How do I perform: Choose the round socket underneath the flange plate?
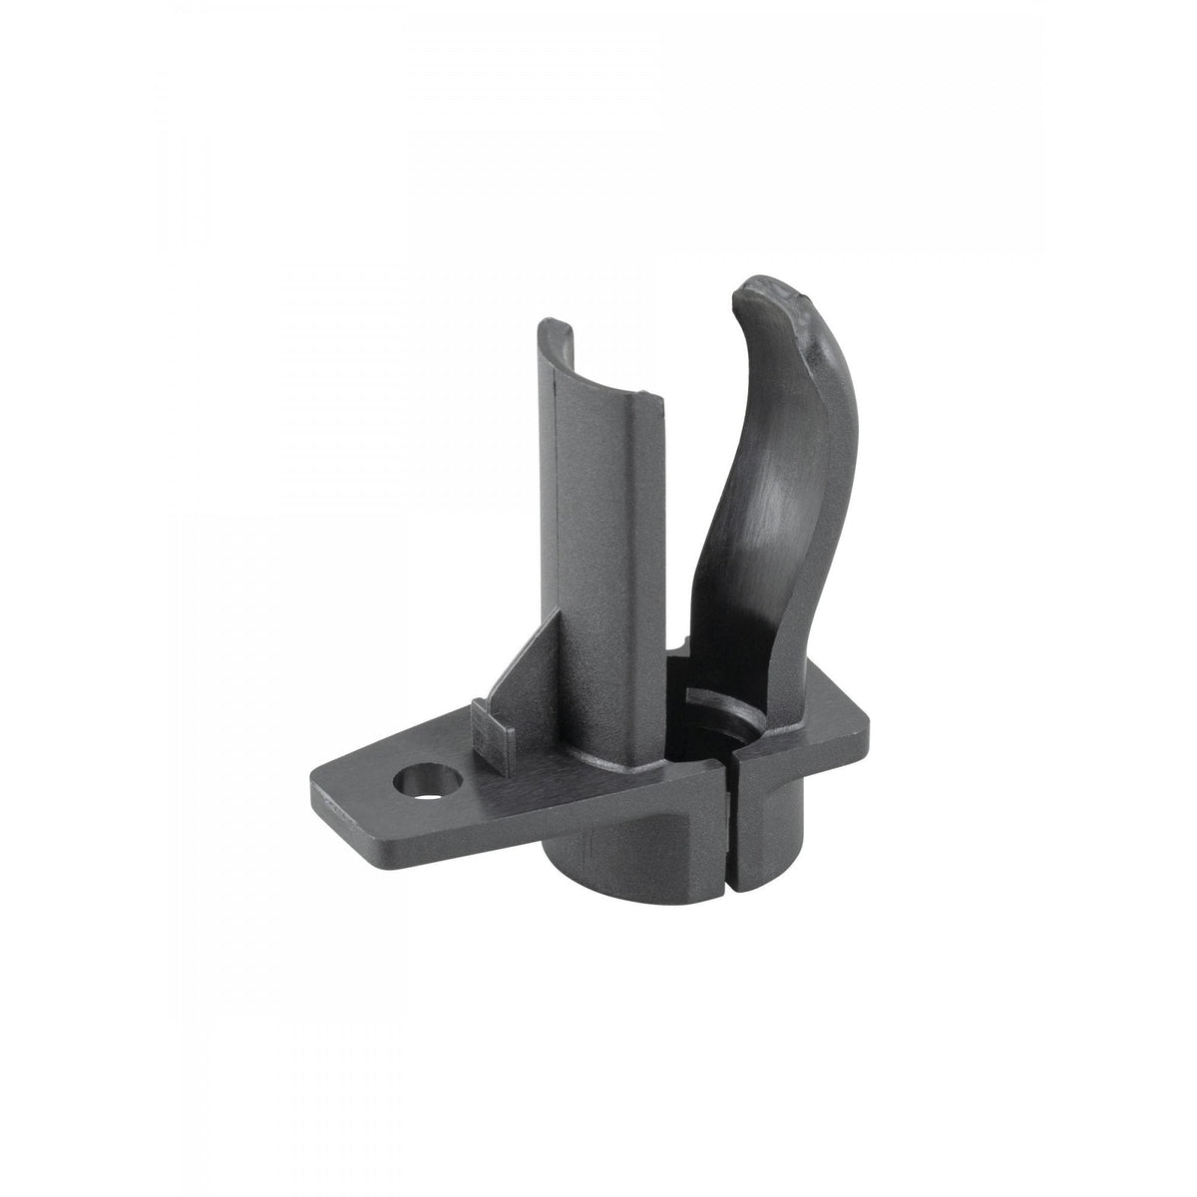(638, 848)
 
